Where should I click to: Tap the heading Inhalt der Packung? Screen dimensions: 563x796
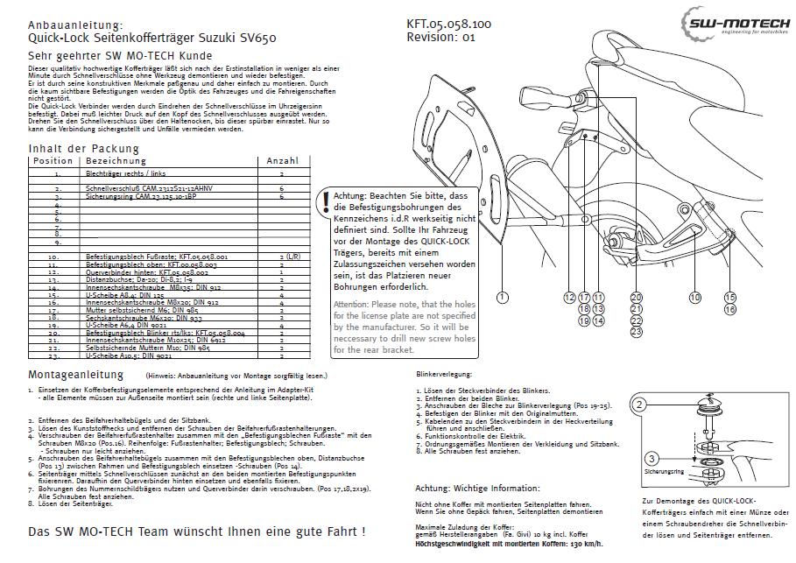pyautogui.click(x=83, y=148)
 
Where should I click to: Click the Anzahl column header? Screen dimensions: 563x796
pyautogui.click(x=282, y=161)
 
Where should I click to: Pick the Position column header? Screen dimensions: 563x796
pyautogui.click(x=53, y=161)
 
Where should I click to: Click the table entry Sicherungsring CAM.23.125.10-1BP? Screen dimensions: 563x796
pyautogui.click(x=142, y=196)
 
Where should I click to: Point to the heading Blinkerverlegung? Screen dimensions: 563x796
pyautogui.click(x=446, y=374)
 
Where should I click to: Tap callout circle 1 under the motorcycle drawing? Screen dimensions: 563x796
pyautogui.click(x=503, y=298)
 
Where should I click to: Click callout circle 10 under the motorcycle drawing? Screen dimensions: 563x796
pyautogui.click(x=694, y=298)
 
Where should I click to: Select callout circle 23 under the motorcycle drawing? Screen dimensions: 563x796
pyautogui.click(x=636, y=332)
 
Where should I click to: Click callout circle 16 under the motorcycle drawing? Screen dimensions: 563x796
pyautogui.click(x=730, y=309)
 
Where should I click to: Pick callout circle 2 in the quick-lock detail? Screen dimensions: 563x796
pyautogui.click(x=640, y=405)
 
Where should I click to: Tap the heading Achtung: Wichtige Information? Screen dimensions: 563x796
pyautogui.click(x=477, y=488)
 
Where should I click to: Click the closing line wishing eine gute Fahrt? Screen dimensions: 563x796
pyautogui.click(x=196, y=531)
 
